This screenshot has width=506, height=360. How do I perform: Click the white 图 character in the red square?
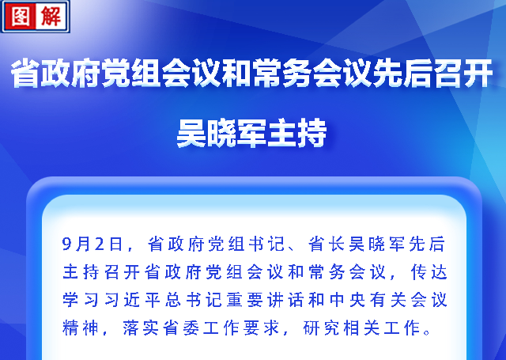(x=20, y=16)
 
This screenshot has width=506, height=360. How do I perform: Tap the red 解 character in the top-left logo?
(x=51, y=16)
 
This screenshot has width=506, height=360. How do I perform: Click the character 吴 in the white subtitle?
(x=191, y=133)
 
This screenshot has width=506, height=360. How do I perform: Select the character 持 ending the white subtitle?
(x=312, y=133)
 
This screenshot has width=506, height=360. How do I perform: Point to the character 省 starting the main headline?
(x=25, y=73)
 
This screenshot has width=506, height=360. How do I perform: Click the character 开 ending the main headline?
(x=478, y=73)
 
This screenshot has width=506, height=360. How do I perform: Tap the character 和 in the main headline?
(x=236, y=73)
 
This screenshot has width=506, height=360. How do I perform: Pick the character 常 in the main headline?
(x=267, y=73)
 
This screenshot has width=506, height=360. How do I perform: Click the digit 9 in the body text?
(x=66, y=244)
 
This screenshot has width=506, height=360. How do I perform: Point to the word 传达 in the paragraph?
(x=429, y=272)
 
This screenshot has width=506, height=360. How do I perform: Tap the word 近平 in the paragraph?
(x=142, y=300)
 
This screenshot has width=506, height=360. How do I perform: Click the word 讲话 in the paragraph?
(x=285, y=300)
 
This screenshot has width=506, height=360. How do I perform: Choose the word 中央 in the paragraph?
(x=347, y=300)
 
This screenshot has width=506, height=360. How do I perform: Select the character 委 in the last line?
(x=191, y=328)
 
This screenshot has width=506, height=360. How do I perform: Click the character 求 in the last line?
(x=271, y=328)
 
